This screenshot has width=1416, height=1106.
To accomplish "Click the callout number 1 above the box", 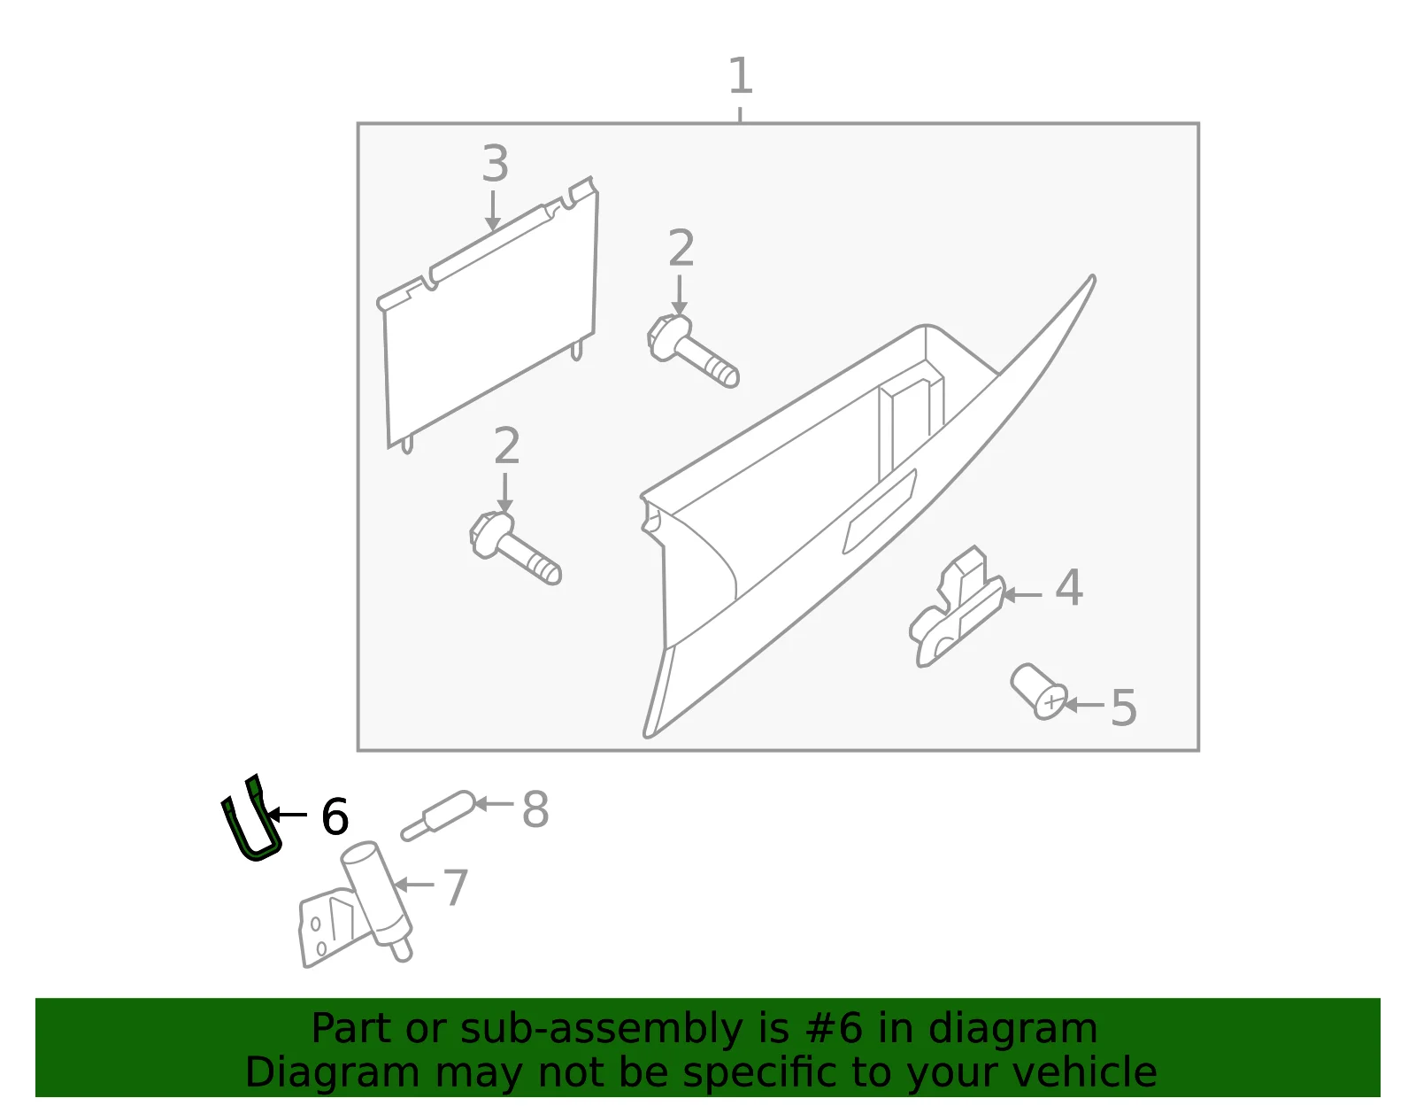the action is [x=740, y=76].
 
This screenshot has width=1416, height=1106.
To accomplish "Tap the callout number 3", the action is [x=496, y=164].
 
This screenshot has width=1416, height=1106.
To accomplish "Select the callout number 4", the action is [x=1069, y=587].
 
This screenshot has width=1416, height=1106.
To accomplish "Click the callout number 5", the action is [x=1124, y=708].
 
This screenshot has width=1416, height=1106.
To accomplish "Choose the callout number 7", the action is [x=456, y=887].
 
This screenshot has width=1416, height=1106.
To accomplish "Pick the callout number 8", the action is [x=535, y=809].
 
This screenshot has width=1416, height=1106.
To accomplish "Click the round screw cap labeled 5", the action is [x=1039, y=692].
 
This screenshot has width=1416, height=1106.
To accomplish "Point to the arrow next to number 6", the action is [x=288, y=815].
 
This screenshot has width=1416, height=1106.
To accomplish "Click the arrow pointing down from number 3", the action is [x=493, y=210].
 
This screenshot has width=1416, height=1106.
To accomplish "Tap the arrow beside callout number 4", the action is [x=1022, y=595].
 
